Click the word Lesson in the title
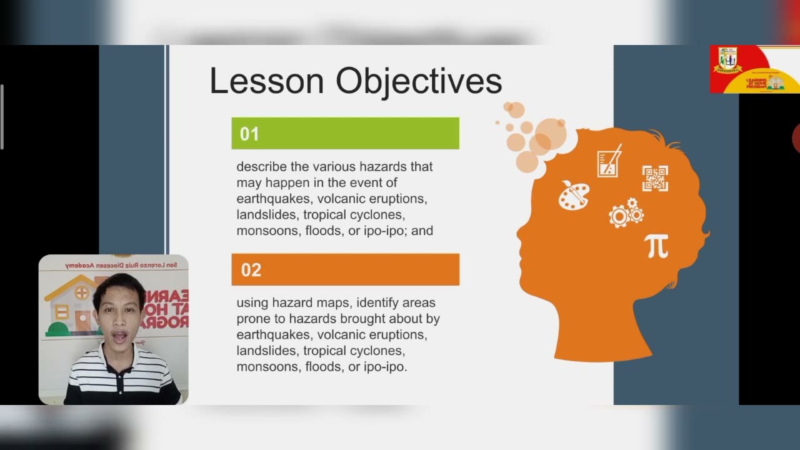(267, 81)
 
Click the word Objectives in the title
(419, 82)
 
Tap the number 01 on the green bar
(249, 134)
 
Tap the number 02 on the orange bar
(251, 270)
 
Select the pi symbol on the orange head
(657, 246)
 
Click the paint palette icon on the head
(574, 195)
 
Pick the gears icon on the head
(626, 213)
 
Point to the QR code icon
(655, 178)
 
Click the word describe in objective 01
(261, 167)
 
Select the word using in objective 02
(252, 303)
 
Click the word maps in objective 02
(332, 303)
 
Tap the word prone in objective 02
(252, 319)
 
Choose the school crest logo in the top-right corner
(728, 61)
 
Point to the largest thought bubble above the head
(551, 134)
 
